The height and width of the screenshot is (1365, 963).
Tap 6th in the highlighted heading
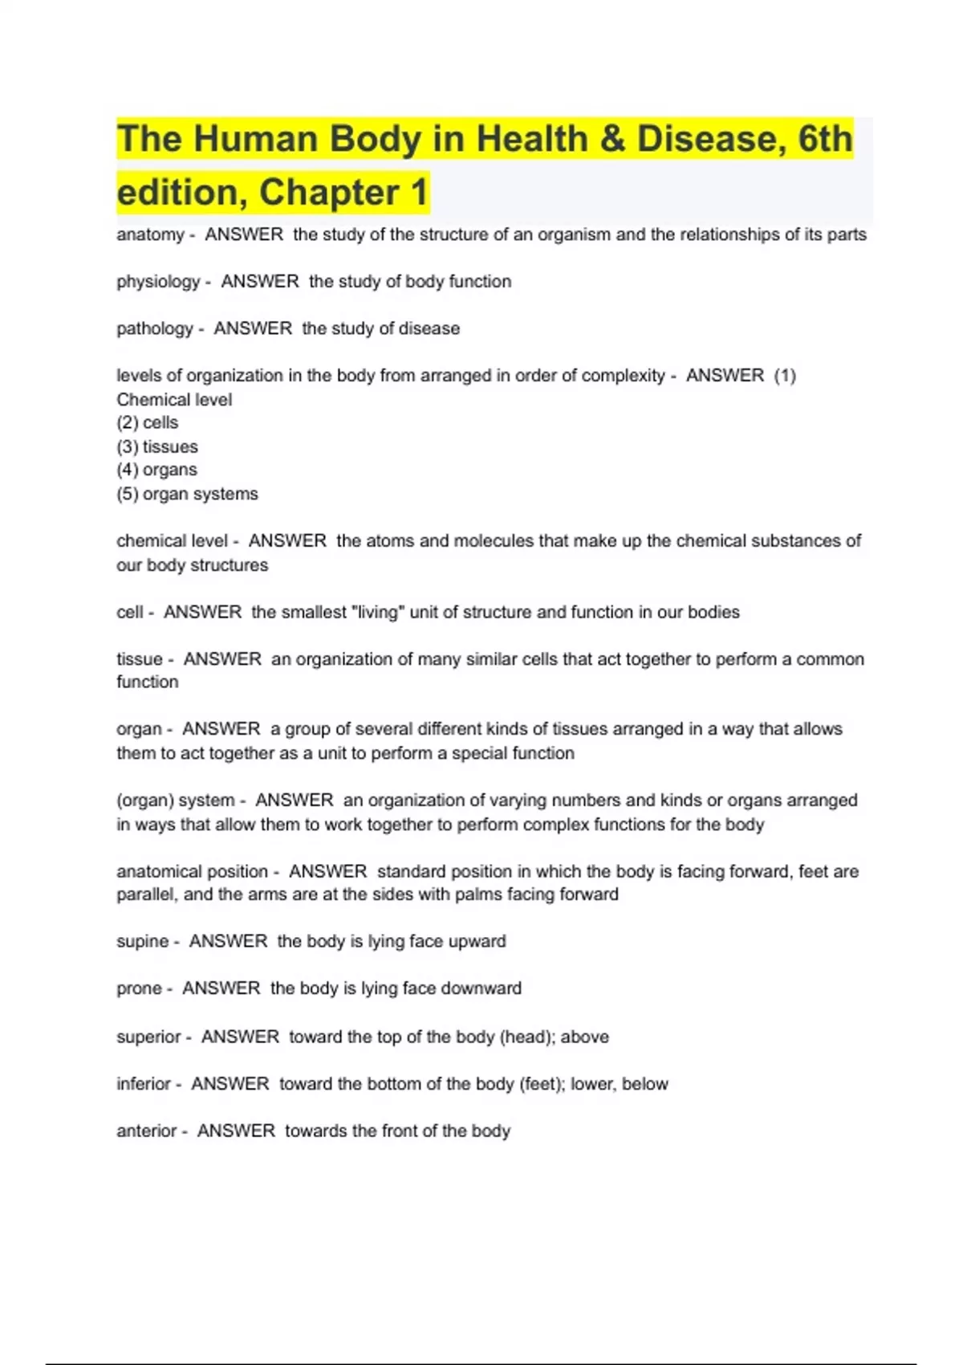click(825, 139)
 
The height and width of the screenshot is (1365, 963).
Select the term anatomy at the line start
click(150, 234)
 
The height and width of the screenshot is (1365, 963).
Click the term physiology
click(158, 282)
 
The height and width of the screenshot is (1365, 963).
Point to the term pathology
click(155, 328)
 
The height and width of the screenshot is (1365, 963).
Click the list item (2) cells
click(148, 422)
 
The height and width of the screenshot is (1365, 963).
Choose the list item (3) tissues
click(157, 446)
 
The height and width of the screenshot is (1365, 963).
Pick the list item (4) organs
click(156, 470)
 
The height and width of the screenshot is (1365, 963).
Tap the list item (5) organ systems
click(187, 494)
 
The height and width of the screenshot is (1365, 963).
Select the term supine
click(143, 941)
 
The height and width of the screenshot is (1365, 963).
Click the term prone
click(139, 988)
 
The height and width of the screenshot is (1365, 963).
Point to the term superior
click(148, 1037)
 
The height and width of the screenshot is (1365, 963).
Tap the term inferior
click(144, 1084)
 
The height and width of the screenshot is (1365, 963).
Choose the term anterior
click(147, 1131)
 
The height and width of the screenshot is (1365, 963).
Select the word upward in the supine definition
click(477, 941)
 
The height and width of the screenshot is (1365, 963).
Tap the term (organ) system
click(176, 801)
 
